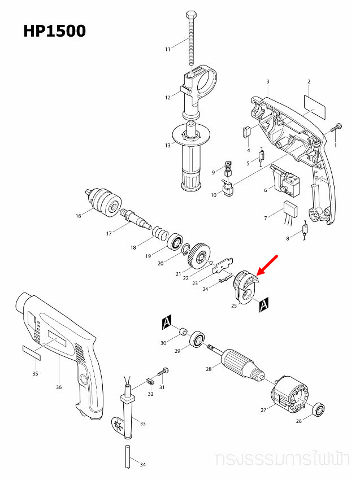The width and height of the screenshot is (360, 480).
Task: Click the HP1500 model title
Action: pos(54,30)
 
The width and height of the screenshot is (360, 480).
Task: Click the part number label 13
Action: pos(167,146)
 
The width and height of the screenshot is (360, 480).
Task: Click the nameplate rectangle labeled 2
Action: pos(315,104)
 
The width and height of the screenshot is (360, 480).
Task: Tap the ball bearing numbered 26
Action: pos(319,409)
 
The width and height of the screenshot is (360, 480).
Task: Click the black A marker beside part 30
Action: pos(166,322)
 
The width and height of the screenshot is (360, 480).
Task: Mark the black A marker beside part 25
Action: pos(264,306)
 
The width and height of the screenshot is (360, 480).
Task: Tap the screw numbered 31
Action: pos(165,371)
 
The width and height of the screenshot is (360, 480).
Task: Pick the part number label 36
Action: pos(58,387)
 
